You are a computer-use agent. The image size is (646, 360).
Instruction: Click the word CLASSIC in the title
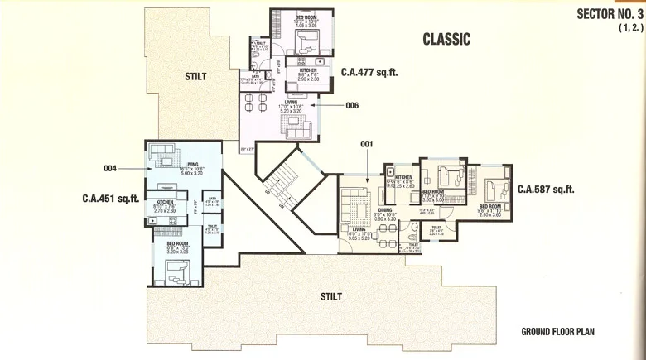point(446,39)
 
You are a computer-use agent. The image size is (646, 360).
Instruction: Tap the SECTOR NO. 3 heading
point(610,14)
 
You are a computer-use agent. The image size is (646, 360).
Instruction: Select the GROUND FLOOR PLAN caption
point(557,332)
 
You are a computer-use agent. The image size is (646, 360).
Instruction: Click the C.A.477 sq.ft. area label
point(369,72)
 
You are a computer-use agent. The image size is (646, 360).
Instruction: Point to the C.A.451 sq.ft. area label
point(109,198)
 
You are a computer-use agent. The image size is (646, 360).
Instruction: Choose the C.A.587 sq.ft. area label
point(546,190)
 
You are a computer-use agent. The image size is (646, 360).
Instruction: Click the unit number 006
point(352,105)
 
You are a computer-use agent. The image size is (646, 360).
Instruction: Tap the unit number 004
point(111,168)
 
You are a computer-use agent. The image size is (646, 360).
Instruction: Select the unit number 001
point(368,143)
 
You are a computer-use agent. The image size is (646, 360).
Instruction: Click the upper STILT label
point(195,77)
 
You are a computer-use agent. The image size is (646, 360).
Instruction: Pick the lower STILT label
point(333,295)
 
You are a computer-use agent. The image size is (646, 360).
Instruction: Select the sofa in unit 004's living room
point(164,154)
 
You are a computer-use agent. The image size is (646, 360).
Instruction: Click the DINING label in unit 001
point(384,210)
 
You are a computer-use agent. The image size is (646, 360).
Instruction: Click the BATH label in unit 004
point(212,199)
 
